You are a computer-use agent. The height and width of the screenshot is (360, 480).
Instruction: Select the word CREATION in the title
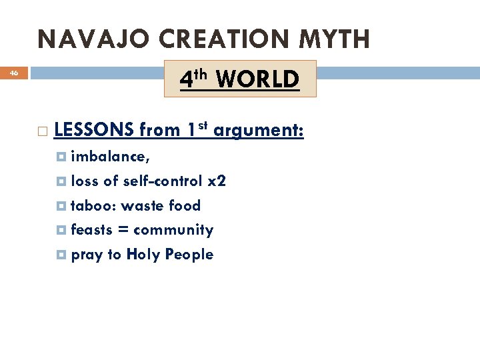[214, 40]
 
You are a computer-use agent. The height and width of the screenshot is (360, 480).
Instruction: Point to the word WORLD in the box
[258, 79]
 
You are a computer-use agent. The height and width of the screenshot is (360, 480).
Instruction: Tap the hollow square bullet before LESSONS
[43, 131]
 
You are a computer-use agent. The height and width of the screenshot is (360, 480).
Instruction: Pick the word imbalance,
[110, 157]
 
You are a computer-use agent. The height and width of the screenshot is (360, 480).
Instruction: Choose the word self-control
[163, 181]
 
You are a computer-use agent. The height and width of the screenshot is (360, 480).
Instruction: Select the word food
[185, 205]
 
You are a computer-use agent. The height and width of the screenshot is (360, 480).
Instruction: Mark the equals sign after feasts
[124, 231]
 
